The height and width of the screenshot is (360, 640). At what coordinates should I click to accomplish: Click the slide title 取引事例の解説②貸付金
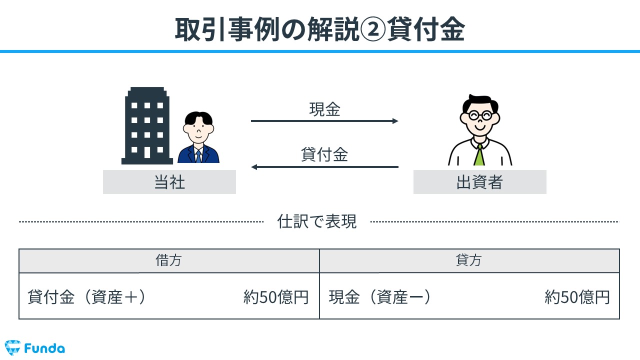319,29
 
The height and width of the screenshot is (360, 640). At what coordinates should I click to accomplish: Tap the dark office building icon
147,125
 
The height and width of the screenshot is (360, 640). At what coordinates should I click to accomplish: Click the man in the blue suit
198,137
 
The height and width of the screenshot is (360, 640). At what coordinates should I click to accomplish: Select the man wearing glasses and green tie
480,130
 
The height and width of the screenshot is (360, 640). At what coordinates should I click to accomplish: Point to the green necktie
479,155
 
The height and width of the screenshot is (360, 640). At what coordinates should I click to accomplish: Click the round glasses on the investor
480,115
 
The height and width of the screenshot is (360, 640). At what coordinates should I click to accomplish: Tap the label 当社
169,182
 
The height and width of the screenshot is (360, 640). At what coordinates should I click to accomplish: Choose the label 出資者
479,182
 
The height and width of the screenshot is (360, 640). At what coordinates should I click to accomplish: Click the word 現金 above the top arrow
324,109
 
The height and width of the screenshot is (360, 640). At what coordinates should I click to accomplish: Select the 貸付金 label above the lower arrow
324,154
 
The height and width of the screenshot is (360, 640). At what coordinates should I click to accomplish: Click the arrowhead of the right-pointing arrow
395,121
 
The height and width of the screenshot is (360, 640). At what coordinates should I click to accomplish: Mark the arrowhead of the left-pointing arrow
254,167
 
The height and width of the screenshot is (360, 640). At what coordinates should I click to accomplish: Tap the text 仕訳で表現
317,221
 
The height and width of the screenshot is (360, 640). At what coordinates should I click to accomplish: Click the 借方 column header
168,260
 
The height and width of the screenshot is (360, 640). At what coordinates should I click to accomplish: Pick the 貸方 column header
469,260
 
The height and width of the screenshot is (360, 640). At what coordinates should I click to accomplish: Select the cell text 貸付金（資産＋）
87,297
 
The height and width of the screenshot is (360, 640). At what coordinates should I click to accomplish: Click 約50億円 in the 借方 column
276,297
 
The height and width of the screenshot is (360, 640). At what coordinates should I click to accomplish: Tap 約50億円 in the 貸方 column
577,297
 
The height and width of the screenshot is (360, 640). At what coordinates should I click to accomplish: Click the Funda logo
35,347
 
